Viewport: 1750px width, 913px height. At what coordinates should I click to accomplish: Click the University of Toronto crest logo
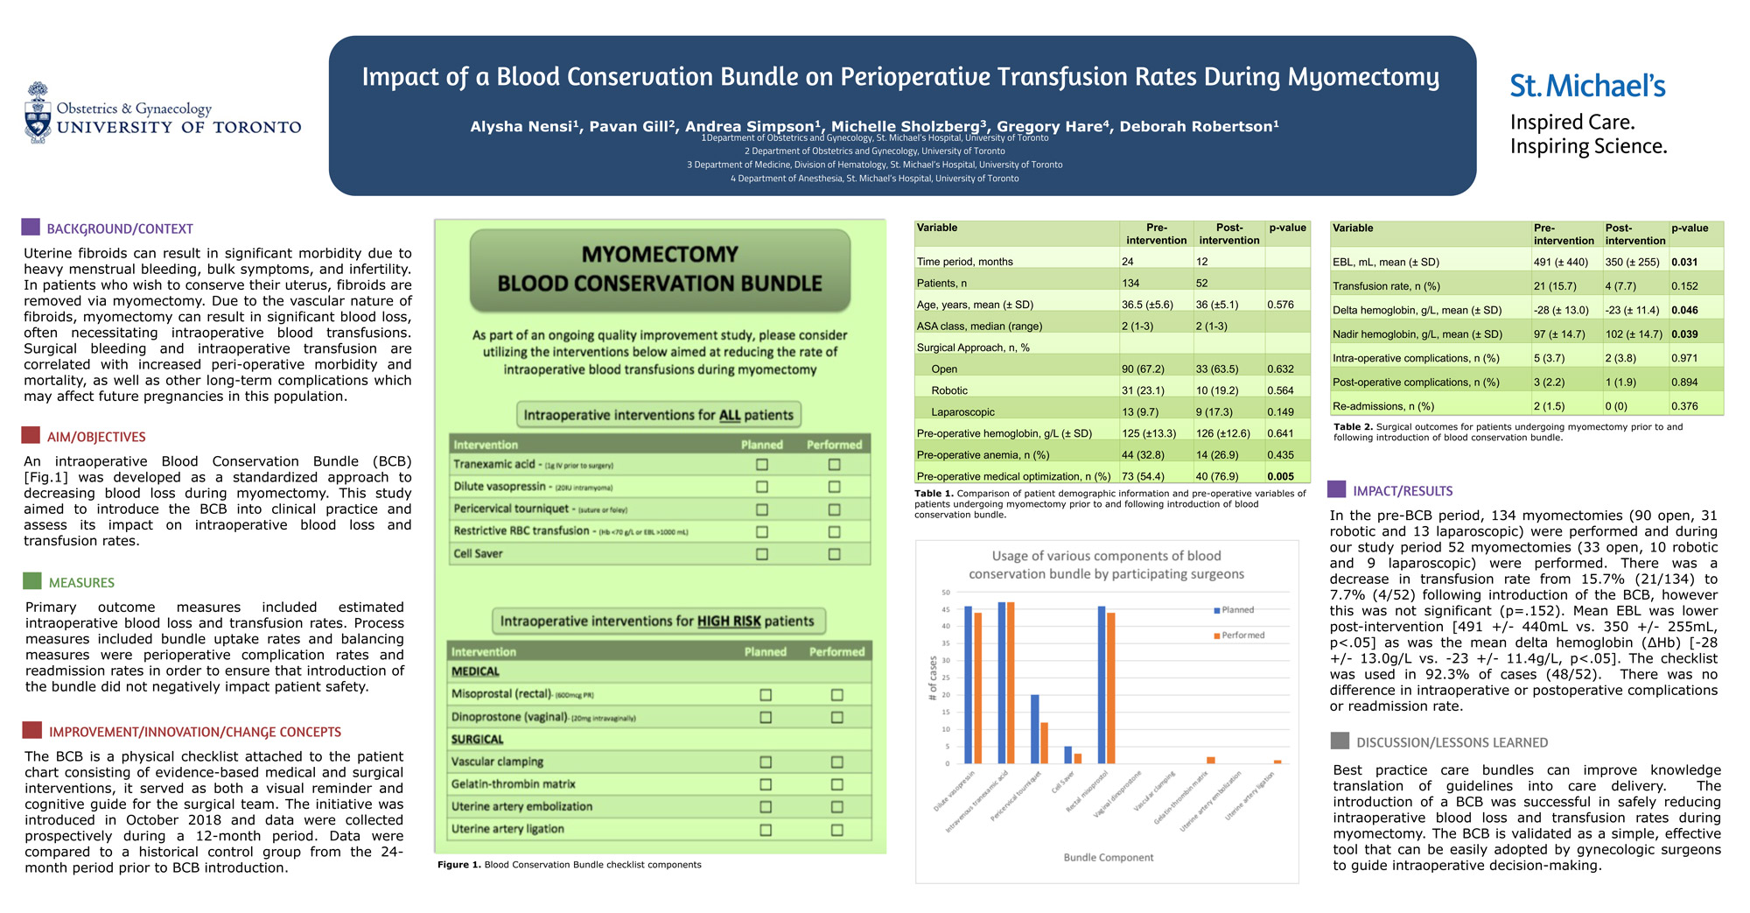(38, 113)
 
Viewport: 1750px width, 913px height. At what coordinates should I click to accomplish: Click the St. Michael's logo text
(1587, 86)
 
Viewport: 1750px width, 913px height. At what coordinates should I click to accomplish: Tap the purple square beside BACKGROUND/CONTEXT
(31, 227)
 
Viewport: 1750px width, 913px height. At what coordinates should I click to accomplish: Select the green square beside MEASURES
(32, 580)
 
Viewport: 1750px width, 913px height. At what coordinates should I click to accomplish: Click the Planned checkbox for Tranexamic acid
(761, 465)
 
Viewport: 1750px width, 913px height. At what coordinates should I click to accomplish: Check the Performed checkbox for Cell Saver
(834, 554)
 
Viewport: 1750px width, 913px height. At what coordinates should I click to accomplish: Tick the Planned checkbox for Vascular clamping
(766, 762)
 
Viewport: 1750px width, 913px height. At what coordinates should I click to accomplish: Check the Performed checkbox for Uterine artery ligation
(836, 830)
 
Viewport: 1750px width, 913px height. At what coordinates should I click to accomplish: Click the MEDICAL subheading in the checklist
(475, 671)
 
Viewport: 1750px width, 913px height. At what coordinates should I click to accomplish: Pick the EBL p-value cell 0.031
(1684, 262)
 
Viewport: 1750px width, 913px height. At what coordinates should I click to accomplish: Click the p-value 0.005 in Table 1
(1280, 477)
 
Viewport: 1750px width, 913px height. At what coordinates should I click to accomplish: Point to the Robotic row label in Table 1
(949, 390)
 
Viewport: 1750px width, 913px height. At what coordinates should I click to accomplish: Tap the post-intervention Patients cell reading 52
(1202, 284)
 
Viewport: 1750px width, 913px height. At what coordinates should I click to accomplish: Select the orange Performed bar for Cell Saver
(1078, 758)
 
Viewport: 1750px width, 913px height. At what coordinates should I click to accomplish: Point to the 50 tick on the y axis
(945, 593)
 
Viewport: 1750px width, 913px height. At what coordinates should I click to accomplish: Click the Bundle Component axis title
(1108, 858)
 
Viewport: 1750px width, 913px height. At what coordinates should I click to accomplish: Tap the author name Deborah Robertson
(1198, 127)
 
